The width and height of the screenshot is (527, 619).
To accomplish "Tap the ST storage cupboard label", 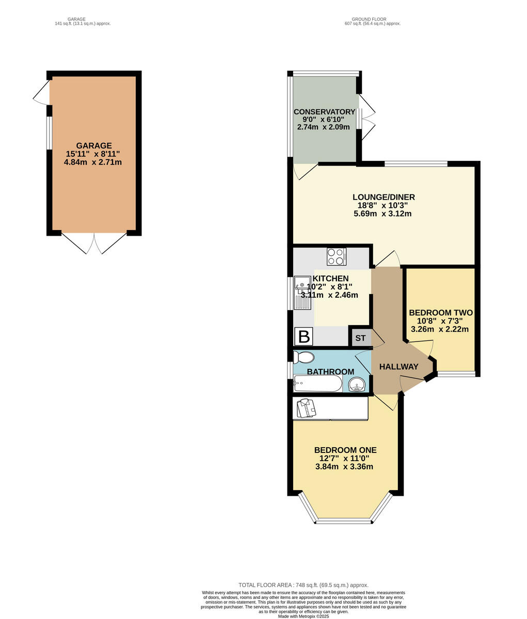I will pyautogui.click(x=360, y=338).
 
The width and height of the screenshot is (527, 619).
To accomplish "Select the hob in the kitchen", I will pyautogui.click(x=337, y=256).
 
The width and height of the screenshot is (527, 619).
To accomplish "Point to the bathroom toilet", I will pyautogui.click(x=303, y=357).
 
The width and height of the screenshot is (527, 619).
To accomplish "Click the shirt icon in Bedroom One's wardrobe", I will pyautogui.click(x=307, y=409).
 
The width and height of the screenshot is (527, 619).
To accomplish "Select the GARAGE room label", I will pyautogui.click(x=94, y=145).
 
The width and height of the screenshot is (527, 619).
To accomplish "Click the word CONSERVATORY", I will pyautogui.click(x=324, y=112).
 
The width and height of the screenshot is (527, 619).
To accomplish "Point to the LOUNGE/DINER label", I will pyautogui.click(x=384, y=197).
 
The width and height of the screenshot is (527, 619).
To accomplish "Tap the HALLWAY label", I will pyautogui.click(x=398, y=367).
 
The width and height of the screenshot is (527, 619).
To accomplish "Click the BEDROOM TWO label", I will pyautogui.click(x=440, y=313).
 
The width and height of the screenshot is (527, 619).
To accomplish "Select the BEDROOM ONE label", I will pyautogui.click(x=345, y=450).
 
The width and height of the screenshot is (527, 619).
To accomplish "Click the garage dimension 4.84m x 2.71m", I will pyautogui.click(x=93, y=162).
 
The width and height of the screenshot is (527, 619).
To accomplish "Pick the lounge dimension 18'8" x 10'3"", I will pyautogui.click(x=382, y=205).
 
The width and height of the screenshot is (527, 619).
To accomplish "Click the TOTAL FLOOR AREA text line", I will pyautogui.click(x=303, y=585).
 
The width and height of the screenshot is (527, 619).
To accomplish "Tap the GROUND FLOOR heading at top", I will pyautogui.click(x=372, y=20).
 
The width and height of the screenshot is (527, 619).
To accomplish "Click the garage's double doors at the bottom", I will pyautogui.click(x=94, y=243).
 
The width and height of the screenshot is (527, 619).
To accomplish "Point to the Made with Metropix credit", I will pyautogui.click(x=303, y=616).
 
